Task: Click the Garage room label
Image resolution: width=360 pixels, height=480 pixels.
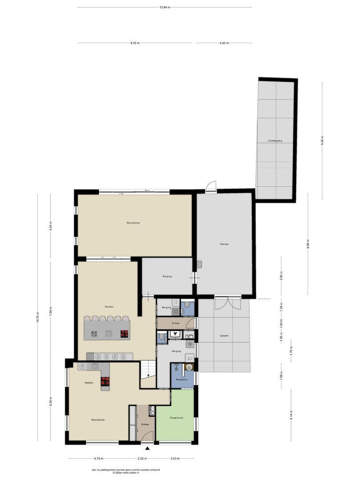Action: click(224, 244)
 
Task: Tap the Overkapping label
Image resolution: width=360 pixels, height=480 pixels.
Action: click(275, 141)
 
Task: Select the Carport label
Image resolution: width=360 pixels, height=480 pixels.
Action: click(224, 336)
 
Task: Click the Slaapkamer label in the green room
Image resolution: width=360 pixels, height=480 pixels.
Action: click(176, 418)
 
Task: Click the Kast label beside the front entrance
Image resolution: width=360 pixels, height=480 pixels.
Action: click(132, 425)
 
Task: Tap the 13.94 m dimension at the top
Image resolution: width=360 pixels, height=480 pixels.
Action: click(164, 7)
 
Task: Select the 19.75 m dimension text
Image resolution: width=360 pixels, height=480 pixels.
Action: click(38, 317)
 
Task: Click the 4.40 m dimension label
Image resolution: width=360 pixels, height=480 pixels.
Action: click(224, 43)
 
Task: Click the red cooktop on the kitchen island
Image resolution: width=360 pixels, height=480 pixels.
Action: click(124, 334)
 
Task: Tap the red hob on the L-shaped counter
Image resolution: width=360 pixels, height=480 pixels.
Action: click(105, 380)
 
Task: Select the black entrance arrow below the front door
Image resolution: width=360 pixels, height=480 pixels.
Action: click(148, 448)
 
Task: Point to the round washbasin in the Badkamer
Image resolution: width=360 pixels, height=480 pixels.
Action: click(189, 367)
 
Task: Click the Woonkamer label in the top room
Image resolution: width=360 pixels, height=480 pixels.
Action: click(133, 223)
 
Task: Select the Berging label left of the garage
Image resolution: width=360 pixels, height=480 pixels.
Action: click(167, 276)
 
